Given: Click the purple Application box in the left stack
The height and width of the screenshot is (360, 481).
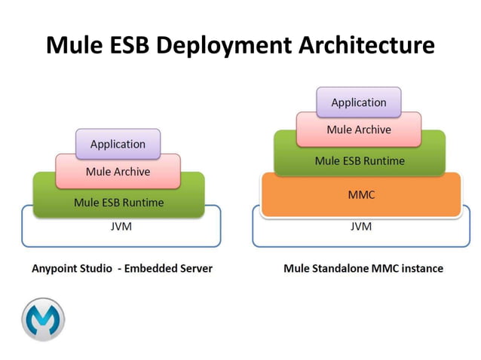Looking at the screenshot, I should point(118,144).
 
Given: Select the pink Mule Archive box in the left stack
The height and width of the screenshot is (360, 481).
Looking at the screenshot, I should point(118,172).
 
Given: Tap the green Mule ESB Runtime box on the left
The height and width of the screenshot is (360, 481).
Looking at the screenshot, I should point(118,202).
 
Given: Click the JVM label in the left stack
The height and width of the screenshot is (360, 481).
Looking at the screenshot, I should point(121,226).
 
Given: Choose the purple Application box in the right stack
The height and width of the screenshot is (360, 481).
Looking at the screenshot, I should point(358,102).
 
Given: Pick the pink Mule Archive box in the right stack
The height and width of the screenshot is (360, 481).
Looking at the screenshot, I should point(358,130).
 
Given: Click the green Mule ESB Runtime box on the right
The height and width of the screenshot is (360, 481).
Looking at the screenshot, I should point(359,160).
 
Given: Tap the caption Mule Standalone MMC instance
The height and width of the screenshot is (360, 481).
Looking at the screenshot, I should point(363,268).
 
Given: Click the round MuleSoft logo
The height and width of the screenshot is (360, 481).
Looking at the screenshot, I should point(43,319).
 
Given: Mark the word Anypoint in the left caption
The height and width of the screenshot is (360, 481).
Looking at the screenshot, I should point(54,268).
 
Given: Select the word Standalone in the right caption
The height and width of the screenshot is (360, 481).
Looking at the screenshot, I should point(339,268).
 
